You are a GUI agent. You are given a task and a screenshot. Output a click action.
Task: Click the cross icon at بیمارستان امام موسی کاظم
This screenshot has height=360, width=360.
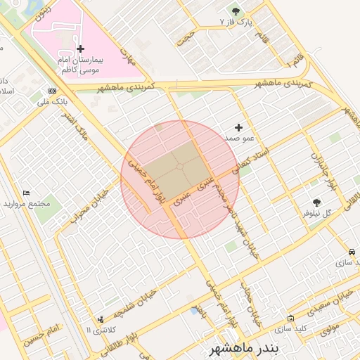80,49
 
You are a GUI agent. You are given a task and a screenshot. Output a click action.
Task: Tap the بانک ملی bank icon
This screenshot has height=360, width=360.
53,91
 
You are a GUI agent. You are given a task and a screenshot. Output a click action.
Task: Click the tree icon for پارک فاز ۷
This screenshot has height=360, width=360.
236,12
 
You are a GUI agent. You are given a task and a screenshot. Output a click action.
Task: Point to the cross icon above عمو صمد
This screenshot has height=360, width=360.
239,128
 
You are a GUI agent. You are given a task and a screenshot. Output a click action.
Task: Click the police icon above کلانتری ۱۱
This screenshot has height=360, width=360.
101,319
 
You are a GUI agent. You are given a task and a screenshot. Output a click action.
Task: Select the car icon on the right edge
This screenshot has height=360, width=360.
352,252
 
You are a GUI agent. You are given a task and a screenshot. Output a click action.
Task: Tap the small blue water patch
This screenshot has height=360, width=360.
194,309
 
